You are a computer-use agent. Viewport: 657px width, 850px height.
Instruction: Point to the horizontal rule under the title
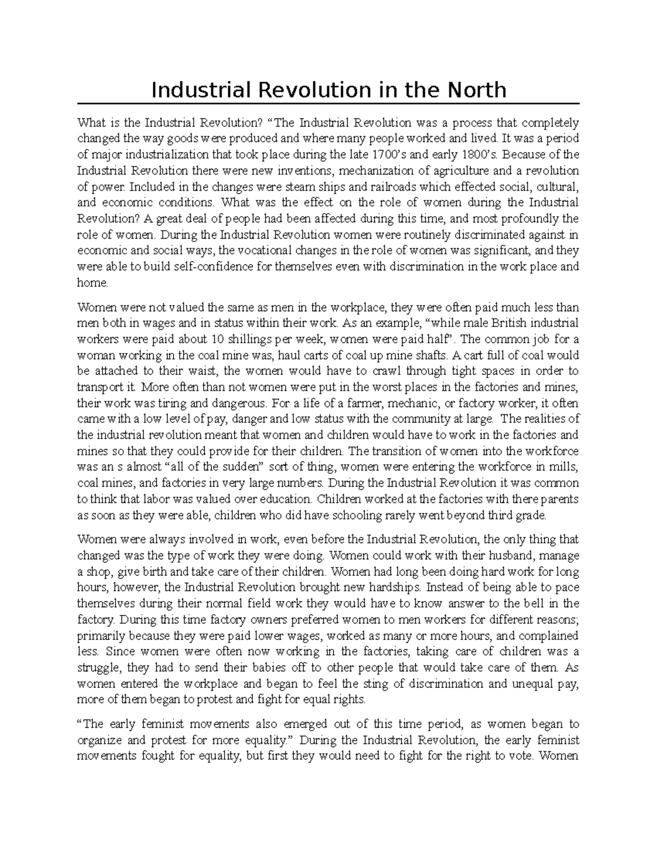(328, 103)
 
